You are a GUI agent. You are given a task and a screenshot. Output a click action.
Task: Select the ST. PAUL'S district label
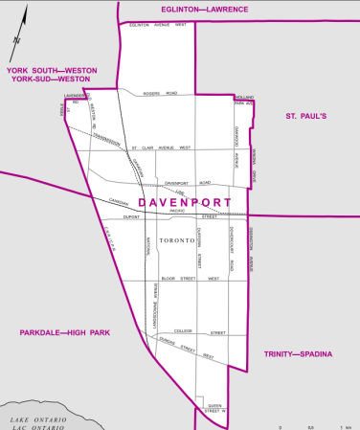tap(305, 116)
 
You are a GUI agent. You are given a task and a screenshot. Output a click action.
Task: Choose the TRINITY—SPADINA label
tap(298, 354)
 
